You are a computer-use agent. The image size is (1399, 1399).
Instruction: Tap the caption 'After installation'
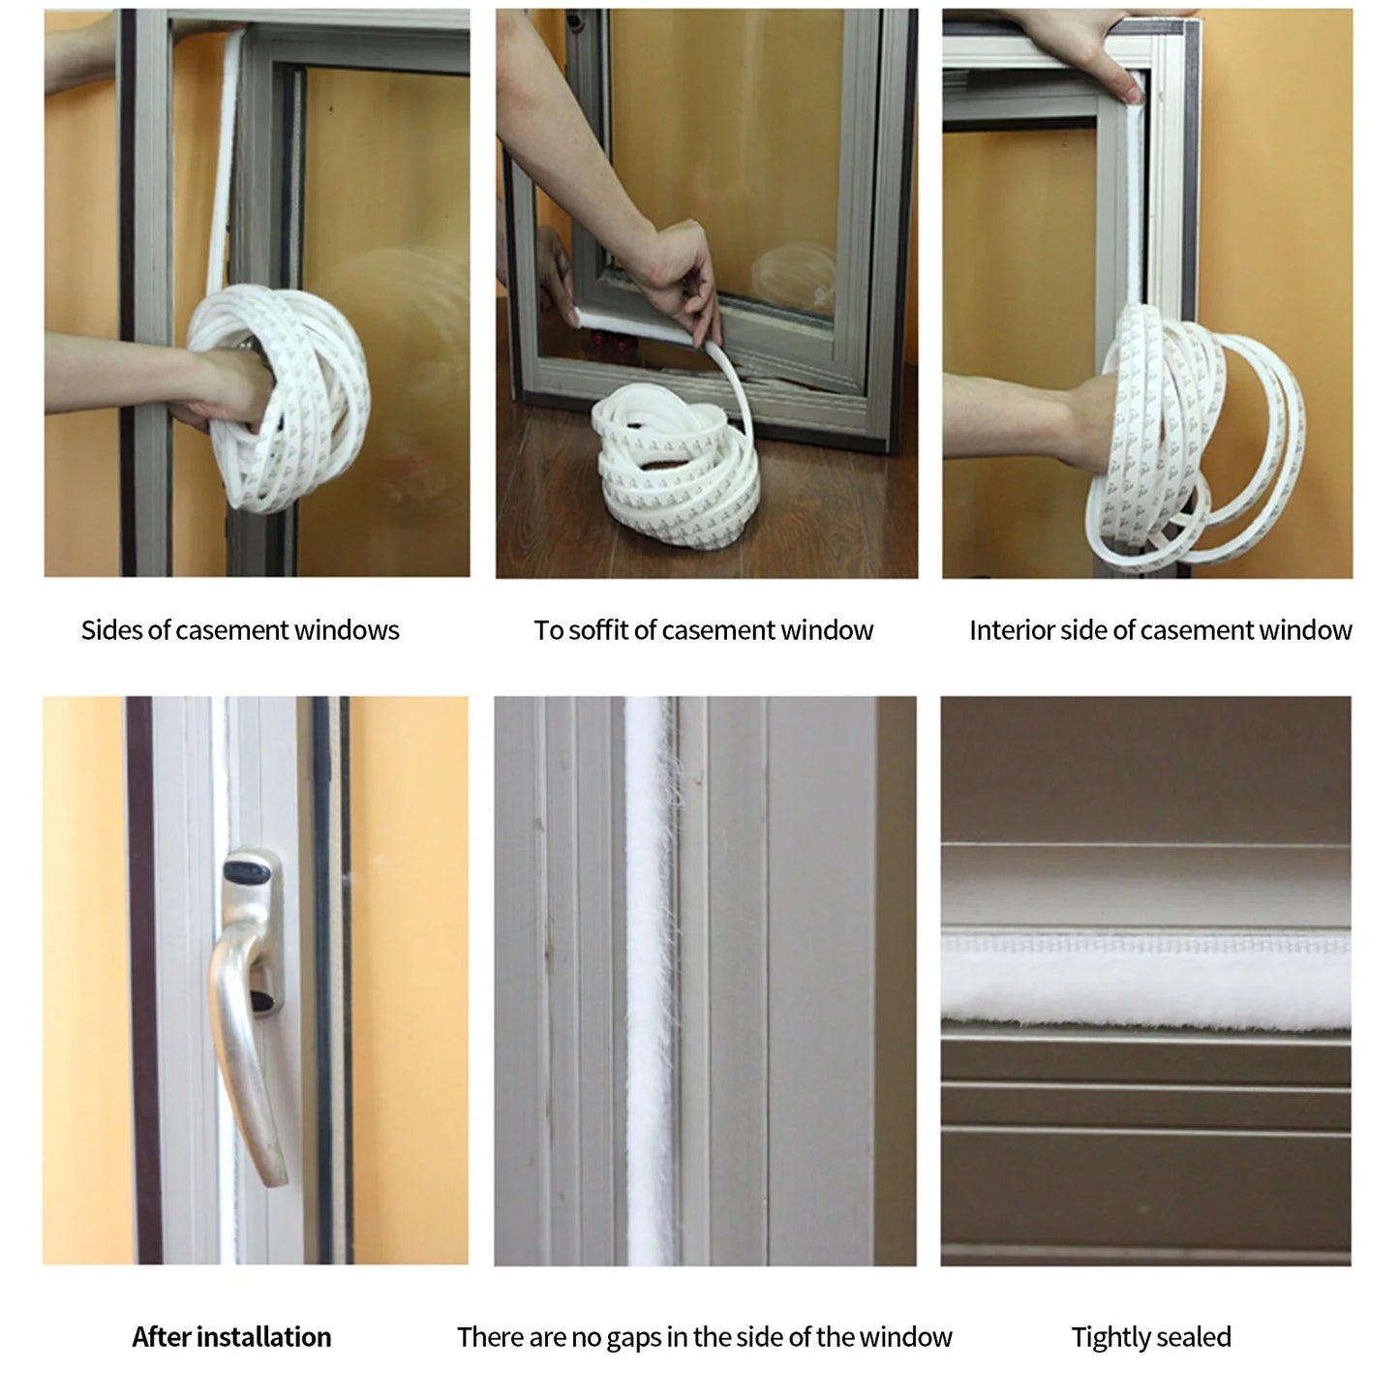231,1337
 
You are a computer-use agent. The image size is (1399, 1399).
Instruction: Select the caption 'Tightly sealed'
1151,1337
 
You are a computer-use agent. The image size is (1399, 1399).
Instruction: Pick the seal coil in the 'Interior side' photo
1191,436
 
